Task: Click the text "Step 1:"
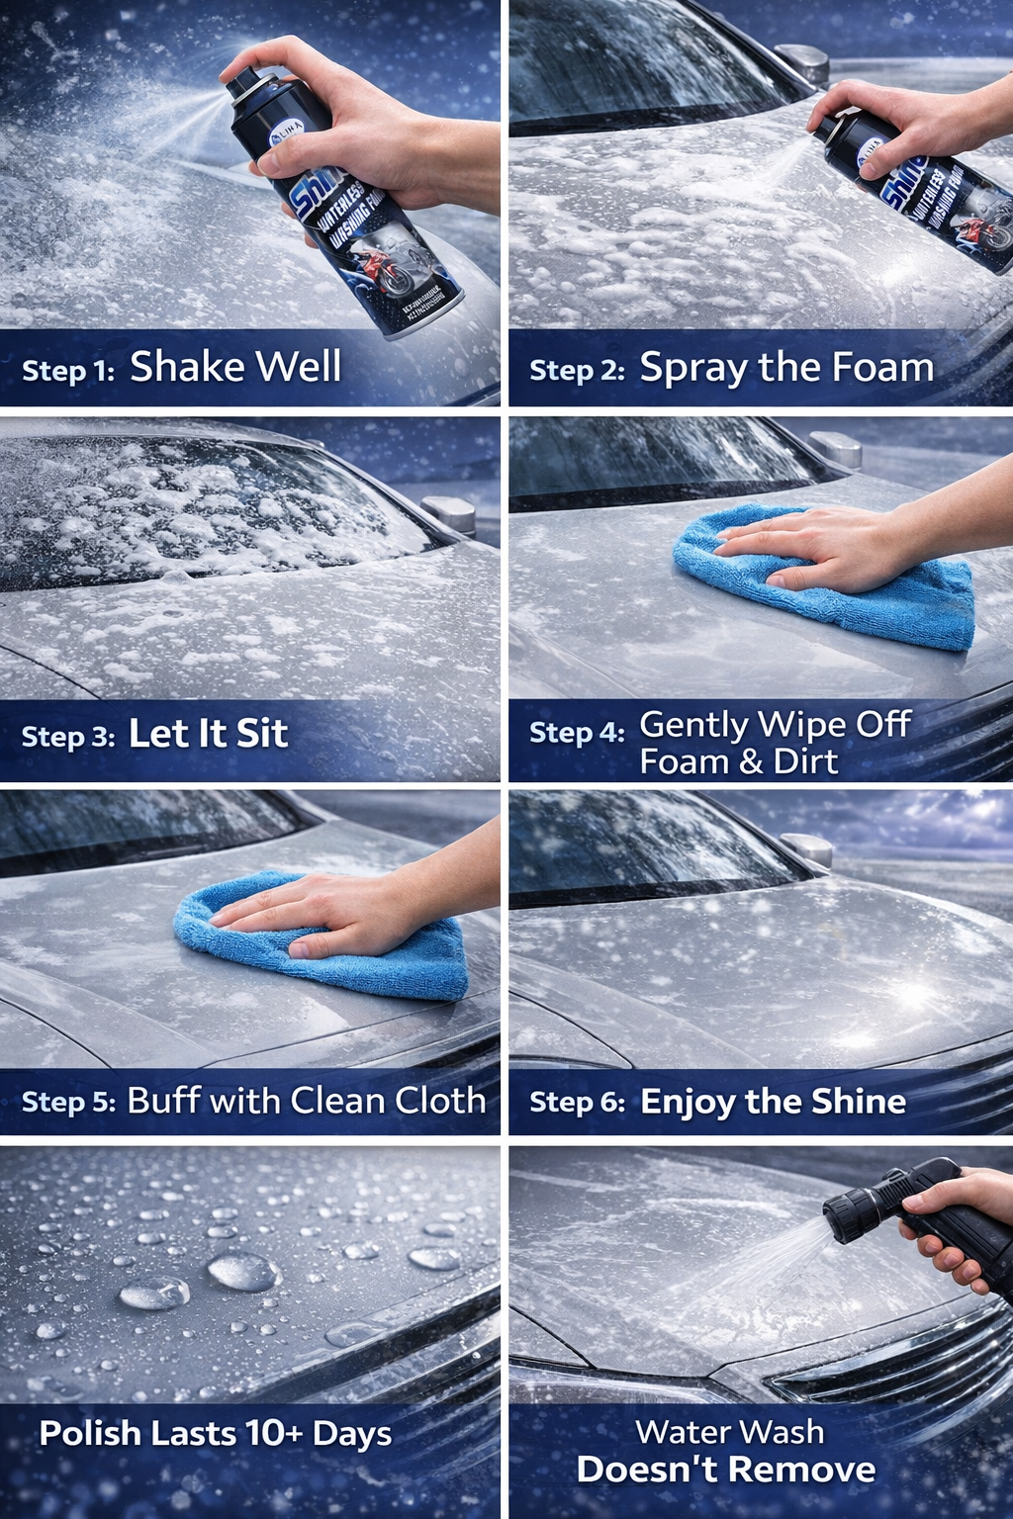pos(68,370)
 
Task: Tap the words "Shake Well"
pos(235,367)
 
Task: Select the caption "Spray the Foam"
pos(786,368)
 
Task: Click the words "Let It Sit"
pos(208,734)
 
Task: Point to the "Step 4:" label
pos(577,733)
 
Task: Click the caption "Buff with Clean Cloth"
pos(306,1101)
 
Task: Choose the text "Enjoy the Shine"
pos(773,1102)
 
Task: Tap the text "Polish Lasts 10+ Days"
pos(215,1434)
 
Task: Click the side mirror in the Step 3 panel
pos(450,514)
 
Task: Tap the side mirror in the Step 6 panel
pos(808,849)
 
